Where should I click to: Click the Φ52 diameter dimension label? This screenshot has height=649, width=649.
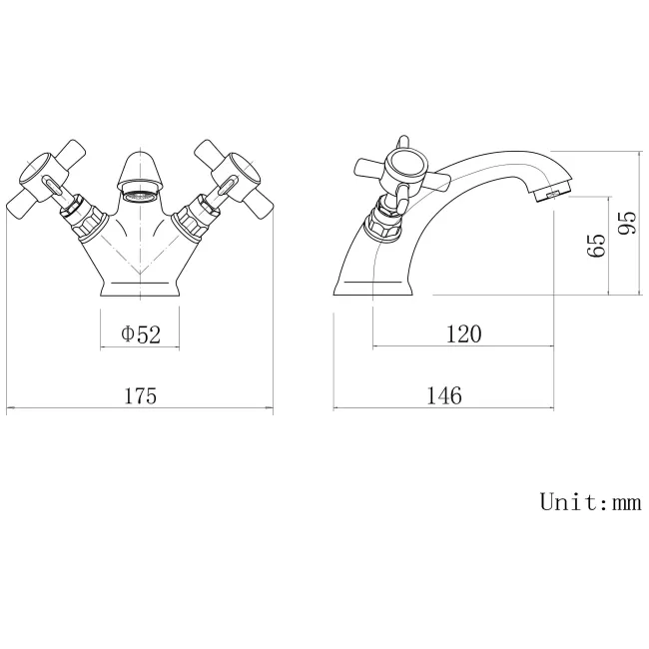tap(141, 334)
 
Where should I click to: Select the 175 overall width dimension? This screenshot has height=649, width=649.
tap(141, 395)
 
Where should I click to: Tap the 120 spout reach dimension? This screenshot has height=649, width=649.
tap(462, 334)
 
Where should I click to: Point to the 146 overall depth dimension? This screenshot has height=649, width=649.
tap(444, 395)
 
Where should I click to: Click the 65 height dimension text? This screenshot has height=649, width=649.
tap(596, 245)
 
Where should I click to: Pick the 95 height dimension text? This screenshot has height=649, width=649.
tap(627, 223)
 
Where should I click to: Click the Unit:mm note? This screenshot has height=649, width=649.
tap(590, 501)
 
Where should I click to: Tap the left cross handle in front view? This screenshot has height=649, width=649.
tap(46, 181)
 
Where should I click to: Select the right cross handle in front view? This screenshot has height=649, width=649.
tap(234, 181)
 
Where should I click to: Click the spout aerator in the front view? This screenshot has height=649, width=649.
tap(141, 194)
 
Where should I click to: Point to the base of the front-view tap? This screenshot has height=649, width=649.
tap(141, 288)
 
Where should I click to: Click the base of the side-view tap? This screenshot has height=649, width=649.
tap(374, 288)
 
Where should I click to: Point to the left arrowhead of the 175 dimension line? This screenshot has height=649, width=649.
tap(9, 408)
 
